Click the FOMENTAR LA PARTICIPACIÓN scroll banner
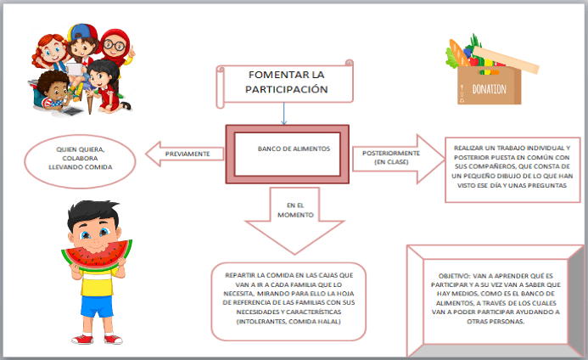pos(286,82)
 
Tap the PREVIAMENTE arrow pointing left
pos(186,154)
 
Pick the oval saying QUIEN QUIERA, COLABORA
pos(81,158)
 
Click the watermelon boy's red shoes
pos(94,339)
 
